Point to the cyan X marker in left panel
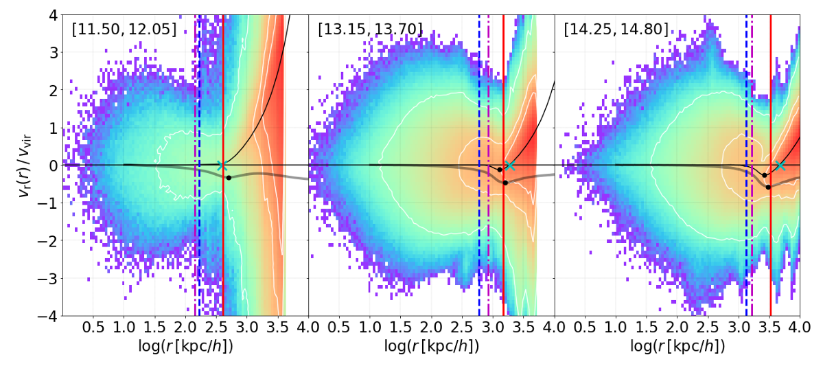(221, 165)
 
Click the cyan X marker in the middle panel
(509, 165)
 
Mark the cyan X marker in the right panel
(780, 165)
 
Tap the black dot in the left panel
(229, 178)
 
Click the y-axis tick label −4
(48, 317)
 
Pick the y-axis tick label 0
(53, 165)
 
